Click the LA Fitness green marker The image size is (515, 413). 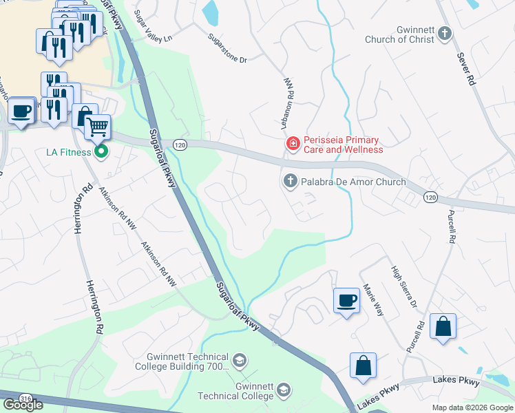(x=102, y=151)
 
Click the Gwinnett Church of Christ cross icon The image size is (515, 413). (x=445, y=33)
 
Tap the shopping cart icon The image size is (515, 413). (x=98, y=126)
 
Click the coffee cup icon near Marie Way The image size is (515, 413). (x=346, y=300)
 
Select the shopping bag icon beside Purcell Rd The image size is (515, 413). (x=443, y=326)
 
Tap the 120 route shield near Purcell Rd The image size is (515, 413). (x=430, y=198)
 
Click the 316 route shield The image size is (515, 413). (x=25, y=397)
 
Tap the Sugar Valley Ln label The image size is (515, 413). (x=153, y=26)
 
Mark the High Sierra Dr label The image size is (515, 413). (x=404, y=286)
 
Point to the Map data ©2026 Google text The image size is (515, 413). (x=472, y=407)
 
